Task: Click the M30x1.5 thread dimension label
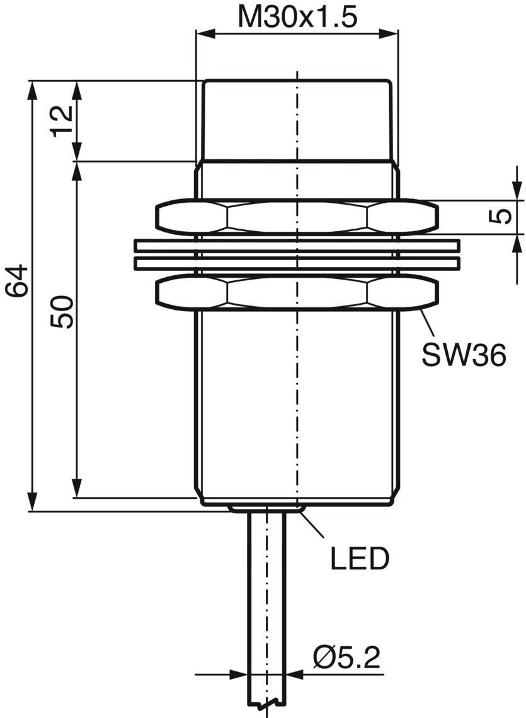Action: coord(297,18)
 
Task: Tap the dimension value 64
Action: coord(17,281)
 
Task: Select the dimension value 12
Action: coord(61,120)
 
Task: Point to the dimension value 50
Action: coord(61,311)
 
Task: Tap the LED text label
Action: coord(360,558)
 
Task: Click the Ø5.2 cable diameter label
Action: coord(347,658)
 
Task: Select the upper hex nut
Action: coord(297,217)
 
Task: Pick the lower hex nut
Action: coord(297,293)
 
